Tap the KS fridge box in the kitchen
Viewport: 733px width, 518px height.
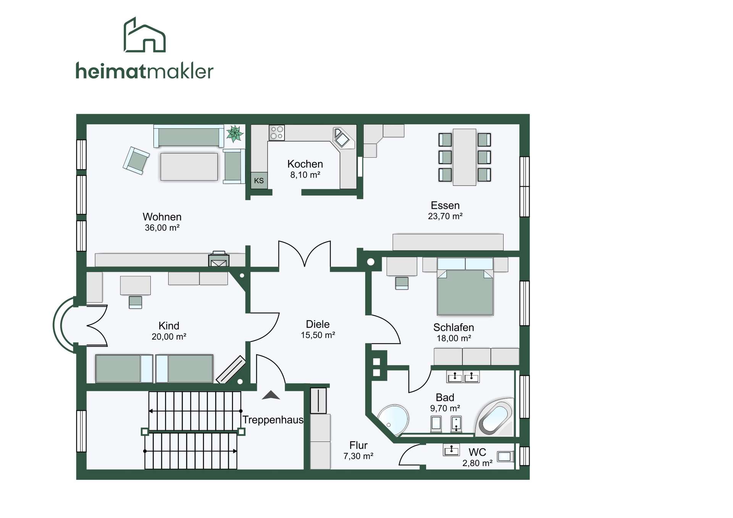click(x=259, y=181)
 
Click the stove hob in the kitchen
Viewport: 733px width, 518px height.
click(x=277, y=133)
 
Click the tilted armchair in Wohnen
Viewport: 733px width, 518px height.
click(x=136, y=161)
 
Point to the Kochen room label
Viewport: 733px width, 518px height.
click(x=305, y=164)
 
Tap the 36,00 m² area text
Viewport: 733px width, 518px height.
click(x=162, y=228)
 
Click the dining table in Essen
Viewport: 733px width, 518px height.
click(x=464, y=157)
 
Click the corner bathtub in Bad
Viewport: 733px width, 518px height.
click(x=496, y=417)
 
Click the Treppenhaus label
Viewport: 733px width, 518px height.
click(x=273, y=420)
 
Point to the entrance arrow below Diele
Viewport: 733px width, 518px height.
click(x=271, y=395)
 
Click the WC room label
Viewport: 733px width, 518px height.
click(x=477, y=452)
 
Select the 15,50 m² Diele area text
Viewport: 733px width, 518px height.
click(x=318, y=335)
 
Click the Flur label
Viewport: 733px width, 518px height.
click(x=358, y=445)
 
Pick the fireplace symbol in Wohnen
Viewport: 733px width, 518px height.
click(x=219, y=259)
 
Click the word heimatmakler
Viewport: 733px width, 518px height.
click(x=144, y=71)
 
